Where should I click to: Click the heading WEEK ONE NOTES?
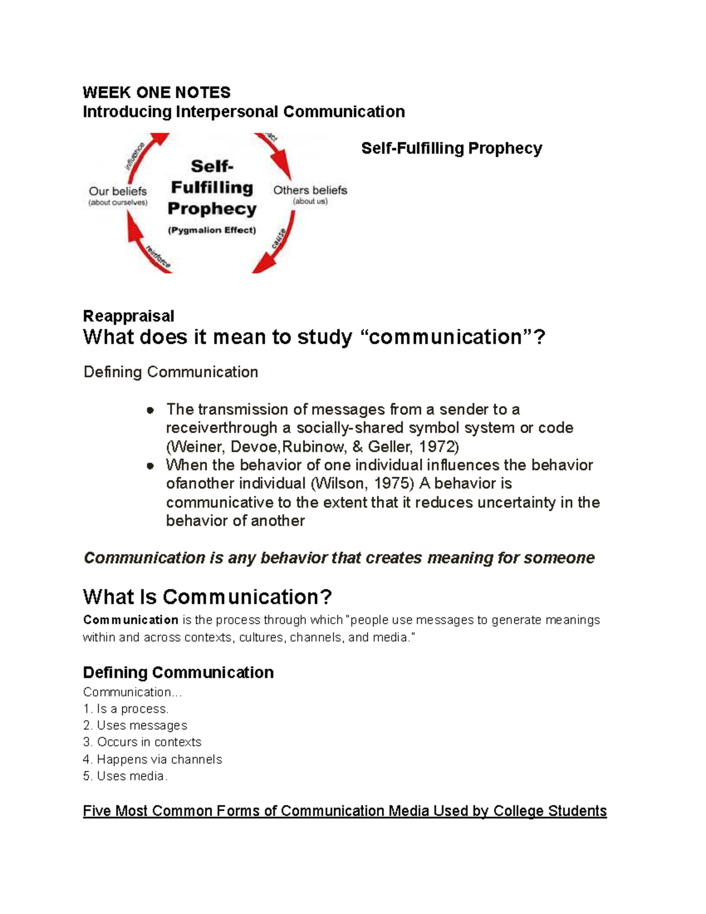tap(156, 92)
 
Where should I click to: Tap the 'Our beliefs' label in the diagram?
tap(118, 191)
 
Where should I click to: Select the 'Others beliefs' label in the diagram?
tap(310, 190)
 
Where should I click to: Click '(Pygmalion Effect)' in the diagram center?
tap(212, 230)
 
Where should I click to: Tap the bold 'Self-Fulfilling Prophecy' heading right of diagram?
tap(451, 148)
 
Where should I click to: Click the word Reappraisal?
tap(128, 316)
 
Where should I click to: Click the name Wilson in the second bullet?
tap(337, 484)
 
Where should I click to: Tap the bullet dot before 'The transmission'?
tap(151, 410)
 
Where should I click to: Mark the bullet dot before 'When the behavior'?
tap(151, 466)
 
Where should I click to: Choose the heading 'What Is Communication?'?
tap(207, 597)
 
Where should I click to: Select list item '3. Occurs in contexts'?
tap(142, 742)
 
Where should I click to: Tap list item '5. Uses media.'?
tap(125, 776)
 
